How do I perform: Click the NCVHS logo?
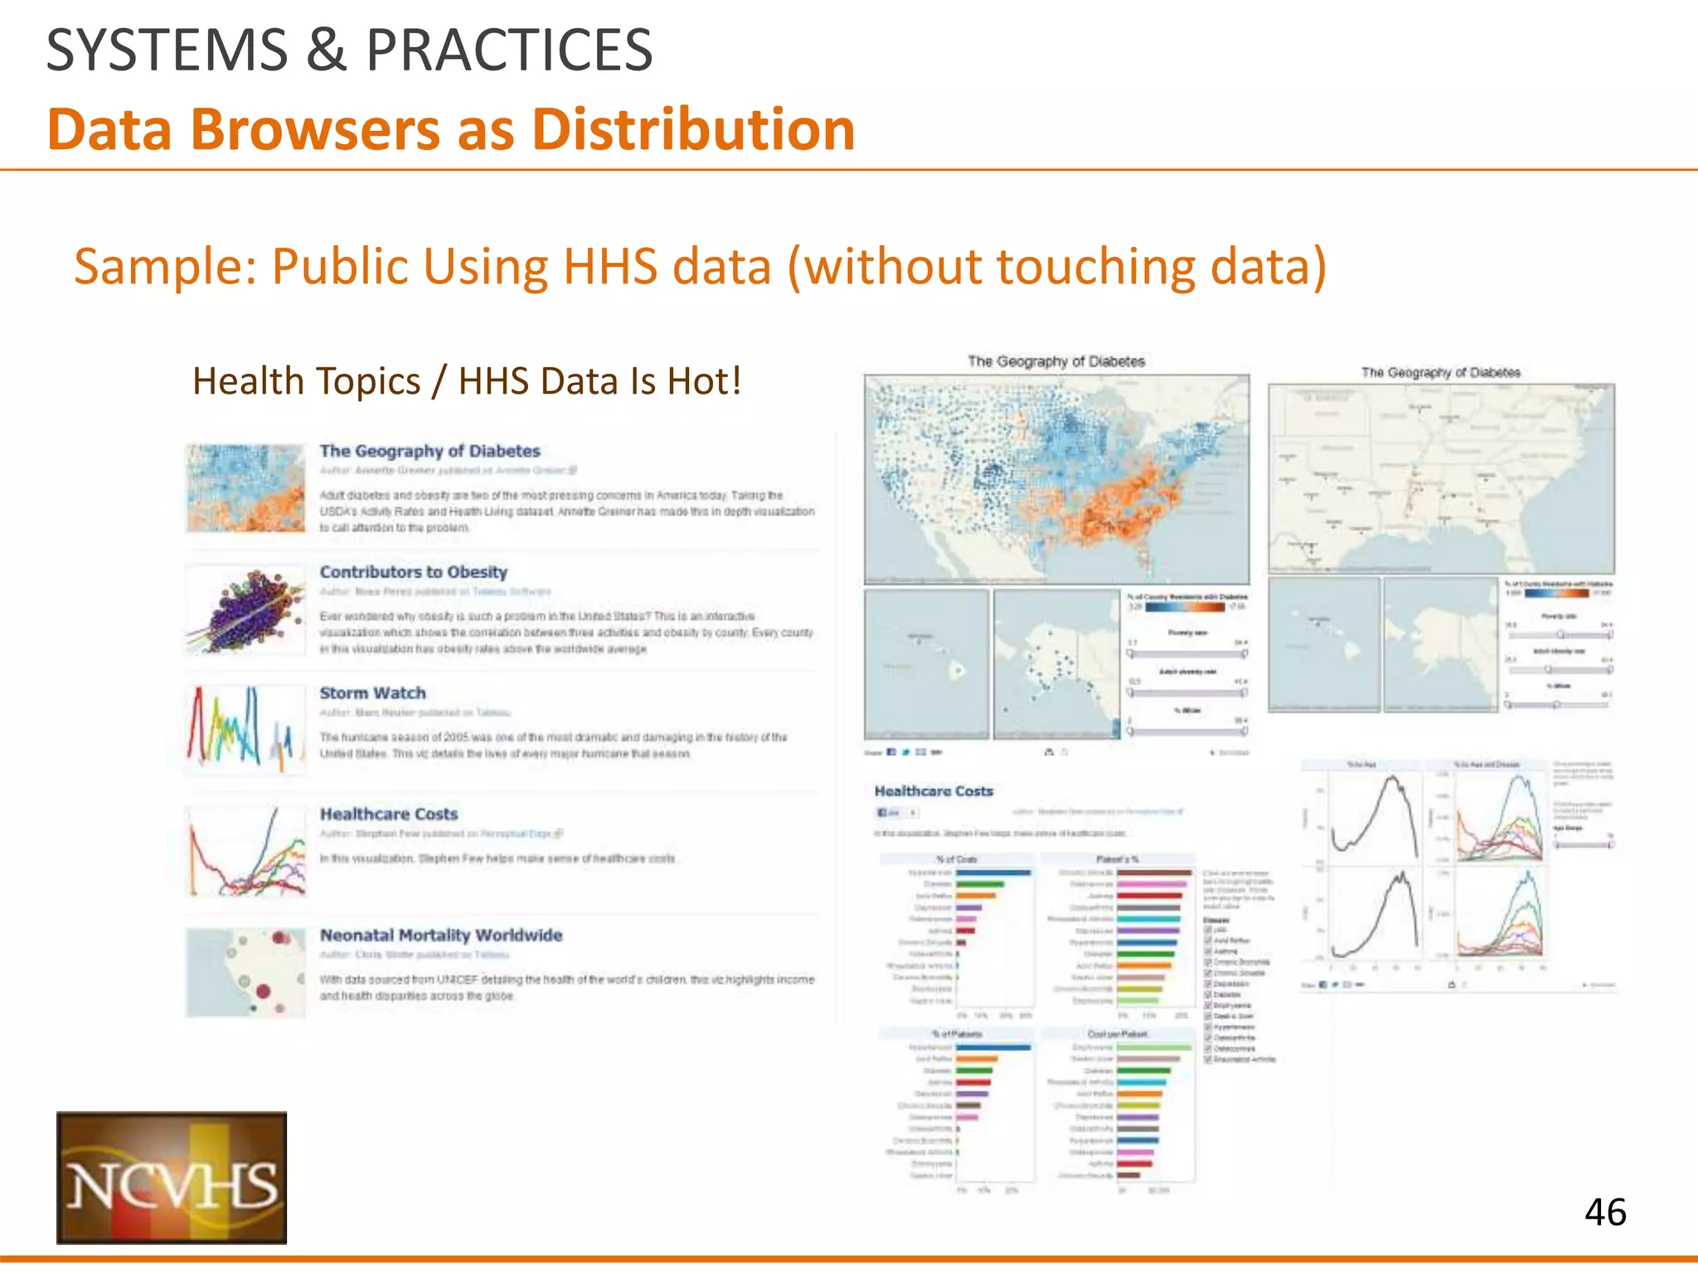click(x=172, y=1177)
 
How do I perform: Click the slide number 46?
click(x=1605, y=1212)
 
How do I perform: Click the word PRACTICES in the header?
click(x=509, y=50)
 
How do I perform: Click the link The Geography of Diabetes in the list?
click(x=429, y=451)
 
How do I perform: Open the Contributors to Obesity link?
click(x=413, y=572)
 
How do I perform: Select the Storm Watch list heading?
click(x=372, y=693)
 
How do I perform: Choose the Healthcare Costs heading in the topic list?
click(x=388, y=814)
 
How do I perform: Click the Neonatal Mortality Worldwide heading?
click(x=441, y=935)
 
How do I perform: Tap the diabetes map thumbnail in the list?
click(x=245, y=487)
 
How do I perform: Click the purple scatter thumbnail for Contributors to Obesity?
click(x=245, y=610)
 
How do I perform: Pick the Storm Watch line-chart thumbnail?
click(x=245, y=729)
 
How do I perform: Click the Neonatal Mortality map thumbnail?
click(x=245, y=972)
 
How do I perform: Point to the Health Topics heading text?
click(x=467, y=381)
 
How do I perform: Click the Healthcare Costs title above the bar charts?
click(x=934, y=791)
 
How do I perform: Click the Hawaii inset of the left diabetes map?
click(x=927, y=663)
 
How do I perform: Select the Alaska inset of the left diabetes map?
click(x=1056, y=663)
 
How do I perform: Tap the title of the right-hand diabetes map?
click(x=1440, y=373)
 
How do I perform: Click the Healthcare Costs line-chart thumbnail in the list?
click(x=245, y=851)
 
